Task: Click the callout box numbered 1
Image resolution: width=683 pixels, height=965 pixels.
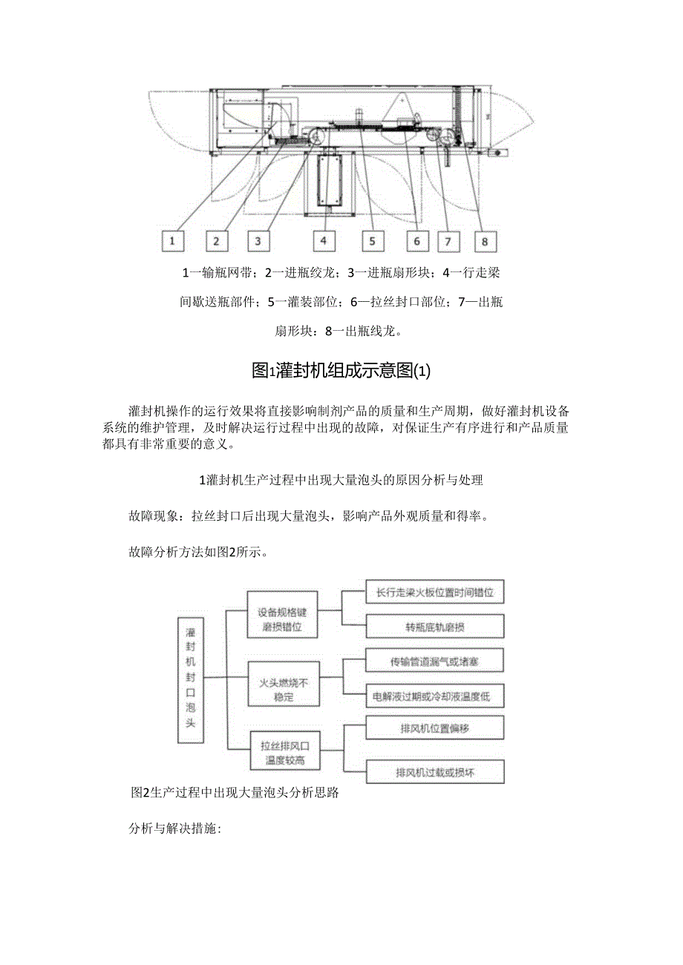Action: pos(172,240)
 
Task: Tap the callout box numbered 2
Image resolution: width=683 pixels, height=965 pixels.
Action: pos(216,240)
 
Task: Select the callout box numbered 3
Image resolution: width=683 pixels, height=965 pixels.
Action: pos(258,240)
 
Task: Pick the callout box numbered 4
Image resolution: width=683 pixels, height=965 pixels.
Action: pos(324,240)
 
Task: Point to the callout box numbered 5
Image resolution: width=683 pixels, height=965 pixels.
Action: pos(372,240)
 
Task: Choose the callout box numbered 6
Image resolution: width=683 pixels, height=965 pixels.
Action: pos(416,240)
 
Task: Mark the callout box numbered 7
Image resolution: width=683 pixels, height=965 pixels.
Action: pos(448,240)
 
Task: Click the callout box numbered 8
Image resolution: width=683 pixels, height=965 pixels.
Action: pos(485,240)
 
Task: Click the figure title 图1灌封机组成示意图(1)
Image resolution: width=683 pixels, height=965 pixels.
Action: pos(341,371)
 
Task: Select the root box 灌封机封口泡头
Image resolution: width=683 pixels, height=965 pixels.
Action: pos(191,678)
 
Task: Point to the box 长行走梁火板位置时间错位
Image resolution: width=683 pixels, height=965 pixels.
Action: pos(436,593)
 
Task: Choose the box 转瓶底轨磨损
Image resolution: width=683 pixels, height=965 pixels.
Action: pos(436,627)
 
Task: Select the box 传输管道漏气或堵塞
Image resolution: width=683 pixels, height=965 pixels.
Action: pos(436,660)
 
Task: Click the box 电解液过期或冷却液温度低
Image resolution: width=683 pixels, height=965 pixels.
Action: pos(436,696)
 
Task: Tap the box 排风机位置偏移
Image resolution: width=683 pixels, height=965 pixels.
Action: pos(436,728)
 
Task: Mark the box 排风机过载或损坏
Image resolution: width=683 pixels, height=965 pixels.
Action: pos(436,772)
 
